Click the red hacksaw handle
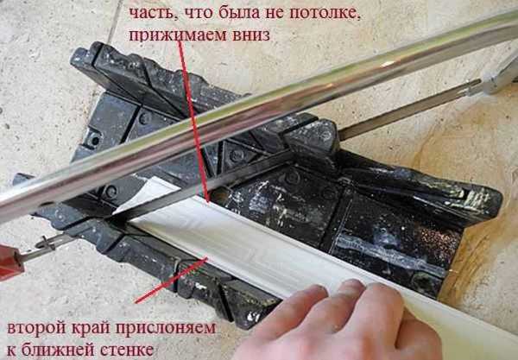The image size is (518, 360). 9,262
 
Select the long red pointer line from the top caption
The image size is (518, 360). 193,121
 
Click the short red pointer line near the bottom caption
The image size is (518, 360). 171,281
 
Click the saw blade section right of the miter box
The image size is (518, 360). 409,109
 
